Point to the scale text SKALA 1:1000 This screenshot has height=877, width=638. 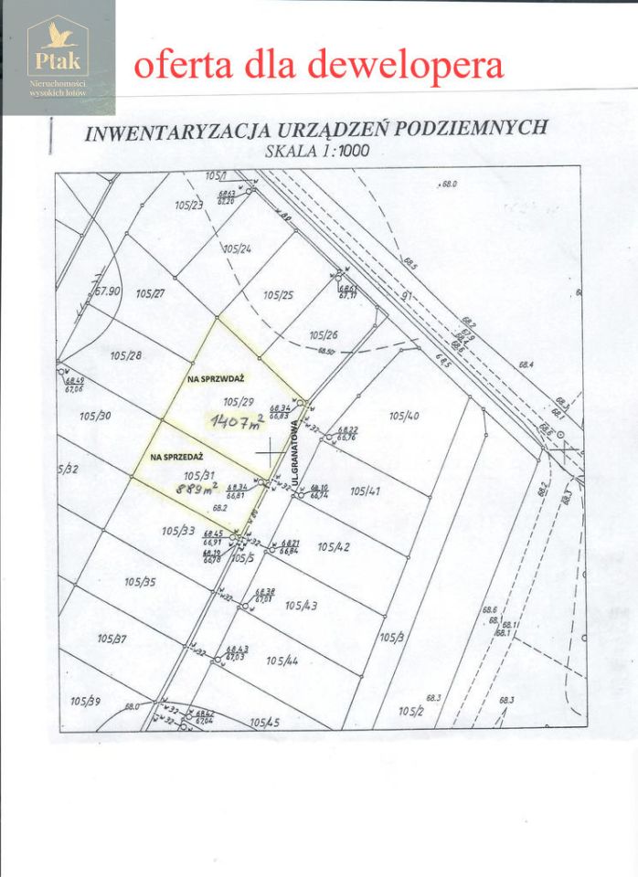pos(316,151)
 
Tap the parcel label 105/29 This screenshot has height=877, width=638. pos(238,401)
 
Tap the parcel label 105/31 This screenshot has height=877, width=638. pos(198,475)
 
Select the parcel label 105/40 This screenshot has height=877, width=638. pos(403,416)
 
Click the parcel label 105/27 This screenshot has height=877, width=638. pos(149,293)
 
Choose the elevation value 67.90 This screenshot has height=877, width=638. pos(108,291)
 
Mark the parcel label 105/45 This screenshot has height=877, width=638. pos(264,723)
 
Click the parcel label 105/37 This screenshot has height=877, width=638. pos(112,639)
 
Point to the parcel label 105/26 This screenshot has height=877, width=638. pos(324,334)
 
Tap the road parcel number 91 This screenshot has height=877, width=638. pos(408,296)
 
